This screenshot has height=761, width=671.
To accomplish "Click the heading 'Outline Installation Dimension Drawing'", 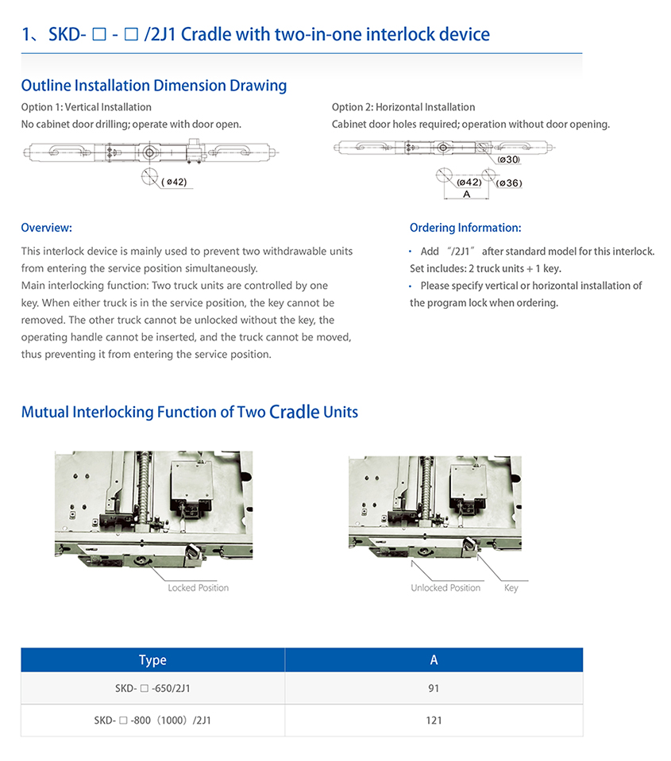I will coord(153,86).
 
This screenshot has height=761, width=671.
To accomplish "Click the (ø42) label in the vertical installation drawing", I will coord(174,182).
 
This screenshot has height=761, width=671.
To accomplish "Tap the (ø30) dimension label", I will coord(508,160).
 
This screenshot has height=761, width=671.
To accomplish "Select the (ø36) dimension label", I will coord(509,183).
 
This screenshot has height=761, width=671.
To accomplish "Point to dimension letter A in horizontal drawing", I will coord(466,194).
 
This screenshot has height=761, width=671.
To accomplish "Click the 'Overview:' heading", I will coord(46,228).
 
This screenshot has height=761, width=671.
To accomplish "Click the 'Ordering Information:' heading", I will coord(465,228).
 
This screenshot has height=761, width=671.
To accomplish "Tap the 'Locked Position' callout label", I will coord(198,588).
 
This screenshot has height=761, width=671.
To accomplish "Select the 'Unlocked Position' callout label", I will coord(445,588).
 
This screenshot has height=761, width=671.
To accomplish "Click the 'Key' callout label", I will coord(511,588).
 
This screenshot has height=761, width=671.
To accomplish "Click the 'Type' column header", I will coord(152,660).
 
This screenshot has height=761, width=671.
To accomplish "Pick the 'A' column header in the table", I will coord(434,660).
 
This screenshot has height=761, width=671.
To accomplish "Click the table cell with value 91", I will coord(434,689).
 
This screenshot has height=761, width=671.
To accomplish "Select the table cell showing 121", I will coord(434,721).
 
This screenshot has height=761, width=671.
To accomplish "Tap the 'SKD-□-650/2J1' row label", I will coord(152,689).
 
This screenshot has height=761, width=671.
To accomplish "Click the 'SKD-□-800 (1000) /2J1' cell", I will coord(152,721).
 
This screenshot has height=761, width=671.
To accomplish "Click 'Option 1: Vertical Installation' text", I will coord(86,107).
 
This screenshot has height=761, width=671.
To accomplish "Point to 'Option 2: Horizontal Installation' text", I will coord(403,107).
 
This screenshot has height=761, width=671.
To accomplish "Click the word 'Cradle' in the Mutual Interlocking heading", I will coord(294,412).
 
